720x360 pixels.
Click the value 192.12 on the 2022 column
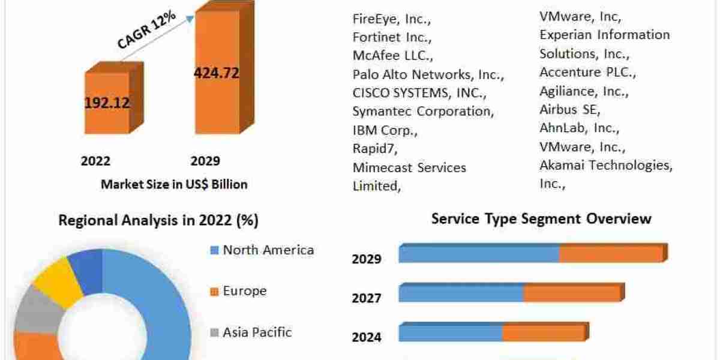(x=107, y=103)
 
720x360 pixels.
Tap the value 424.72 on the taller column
(x=216, y=73)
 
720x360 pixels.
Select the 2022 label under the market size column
(x=95, y=161)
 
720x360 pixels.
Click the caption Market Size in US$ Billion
(x=174, y=184)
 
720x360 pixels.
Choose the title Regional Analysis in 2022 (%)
(x=158, y=221)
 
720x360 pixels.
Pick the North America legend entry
(x=268, y=250)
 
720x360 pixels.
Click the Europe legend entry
(x=244, y=291)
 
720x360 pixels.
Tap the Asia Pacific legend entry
(x=257, y=332)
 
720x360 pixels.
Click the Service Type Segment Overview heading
(x=541, y=218)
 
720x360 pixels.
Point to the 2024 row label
(x=366, y=337)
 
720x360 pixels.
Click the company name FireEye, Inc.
(x=391, y=19)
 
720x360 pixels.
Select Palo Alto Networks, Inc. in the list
(x=428, y=75)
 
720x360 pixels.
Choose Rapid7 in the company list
(x=375, y=148)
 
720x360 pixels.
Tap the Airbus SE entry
(x=569, y=110)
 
